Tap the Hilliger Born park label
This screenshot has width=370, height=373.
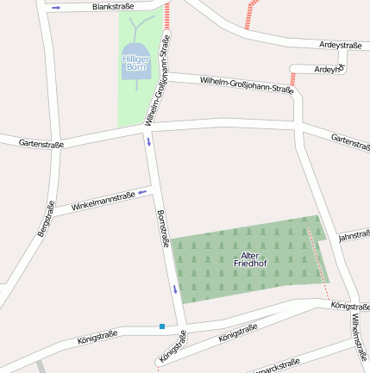pos(136,62)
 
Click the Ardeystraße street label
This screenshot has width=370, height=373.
pos(340,45)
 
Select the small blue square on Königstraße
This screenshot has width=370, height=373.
pos(161,326)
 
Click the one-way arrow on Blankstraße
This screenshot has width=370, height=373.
pos(56,8)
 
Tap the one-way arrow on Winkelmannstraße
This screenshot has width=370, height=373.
pos(143,191)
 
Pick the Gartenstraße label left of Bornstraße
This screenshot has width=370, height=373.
pos(41,144)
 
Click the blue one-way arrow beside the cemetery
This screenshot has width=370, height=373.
pos(175,288)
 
